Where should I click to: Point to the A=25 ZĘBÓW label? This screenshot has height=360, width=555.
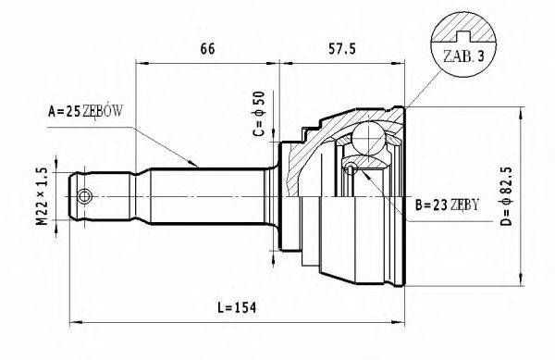[x=84, y=113]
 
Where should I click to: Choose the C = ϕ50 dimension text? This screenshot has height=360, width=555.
[x=261, y=114]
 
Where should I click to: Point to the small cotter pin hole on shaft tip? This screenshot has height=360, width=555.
[x=85, y=196]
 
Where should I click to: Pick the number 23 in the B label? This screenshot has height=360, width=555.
[x=437, y=204]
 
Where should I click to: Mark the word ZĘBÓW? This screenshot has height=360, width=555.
[x=103, y=113]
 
